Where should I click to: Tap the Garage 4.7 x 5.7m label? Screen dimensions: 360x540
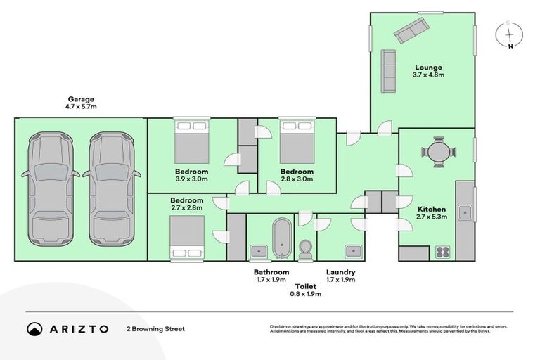pyautogui.click(x=81, y=103)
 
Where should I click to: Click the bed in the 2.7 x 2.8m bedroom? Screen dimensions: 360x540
pyautogui.click(x=187, y=237)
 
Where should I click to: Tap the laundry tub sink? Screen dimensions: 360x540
pyautogui.click(x=352, y=251)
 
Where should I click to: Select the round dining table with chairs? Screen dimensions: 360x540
pyautogui.click(x=439, y=151)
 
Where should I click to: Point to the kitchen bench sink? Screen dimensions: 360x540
pyautogui.click(x=465, y=211)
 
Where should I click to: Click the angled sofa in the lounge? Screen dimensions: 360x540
pyautogui.click(x=411, y=30)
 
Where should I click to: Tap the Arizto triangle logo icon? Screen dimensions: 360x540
pyautogui.click(x=35, y=328)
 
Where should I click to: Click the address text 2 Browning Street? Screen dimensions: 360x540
pyautogui.click(x=155, y=328)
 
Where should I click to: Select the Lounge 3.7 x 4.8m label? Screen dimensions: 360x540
pyautogui.click(x=428, y=71)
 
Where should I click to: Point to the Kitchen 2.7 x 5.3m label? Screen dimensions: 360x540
pyautogui.click(x=432, y=214)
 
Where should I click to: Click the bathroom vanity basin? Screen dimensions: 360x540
pyautogui.click(x=258, y=250)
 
